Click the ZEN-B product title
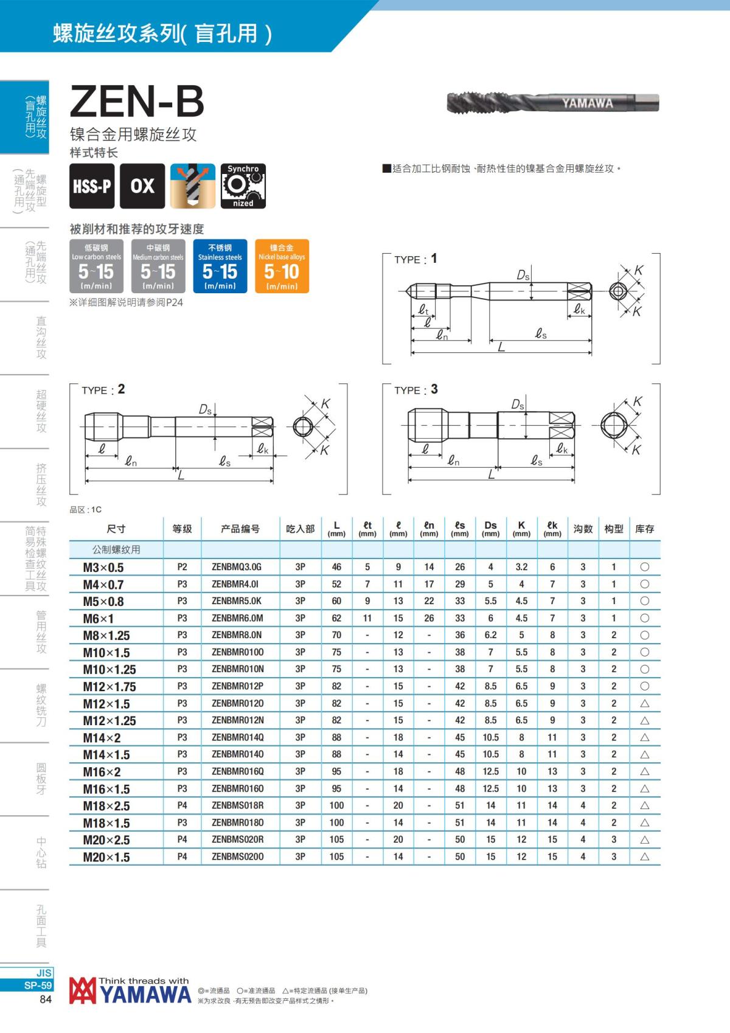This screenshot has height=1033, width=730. tap(137, 102)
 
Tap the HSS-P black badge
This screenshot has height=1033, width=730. tap(92, 186)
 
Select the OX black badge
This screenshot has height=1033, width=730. tap(142, 186)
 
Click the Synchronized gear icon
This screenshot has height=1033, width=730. tap(243, 186)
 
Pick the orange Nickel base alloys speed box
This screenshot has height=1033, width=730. tap(282, 266)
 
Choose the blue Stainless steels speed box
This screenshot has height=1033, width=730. tap(220, 266)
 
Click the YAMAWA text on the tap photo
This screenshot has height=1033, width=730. tap(587, 103)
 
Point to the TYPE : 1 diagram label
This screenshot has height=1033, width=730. tap(415, 259)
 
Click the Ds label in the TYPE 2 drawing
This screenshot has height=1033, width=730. tap(206, 410)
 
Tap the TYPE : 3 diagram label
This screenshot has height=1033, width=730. tap(416, 390)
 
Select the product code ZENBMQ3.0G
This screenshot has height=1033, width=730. tap(237, 567)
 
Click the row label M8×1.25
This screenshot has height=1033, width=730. tap(106, 636)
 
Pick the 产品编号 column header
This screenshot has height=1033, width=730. tap(240, 529)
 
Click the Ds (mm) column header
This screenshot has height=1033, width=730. tap(490, 529)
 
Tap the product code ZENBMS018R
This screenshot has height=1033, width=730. tap(237, 805)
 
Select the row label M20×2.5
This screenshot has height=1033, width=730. tap(106, 840)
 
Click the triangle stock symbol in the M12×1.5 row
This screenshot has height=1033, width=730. tap(645, 704)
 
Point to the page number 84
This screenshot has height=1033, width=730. tap(46, 1000)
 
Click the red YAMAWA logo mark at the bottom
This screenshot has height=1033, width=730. tap(82, 991)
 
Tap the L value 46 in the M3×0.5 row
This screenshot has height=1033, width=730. tap(336, 567)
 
